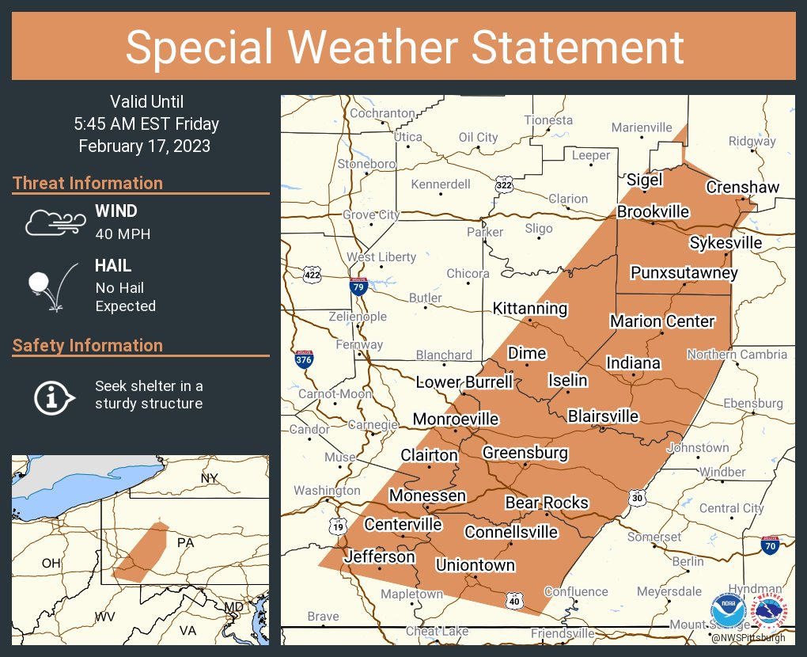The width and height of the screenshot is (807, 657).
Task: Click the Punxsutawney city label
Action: click(684, 273)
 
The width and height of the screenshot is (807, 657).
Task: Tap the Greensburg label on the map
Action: click(525, 453)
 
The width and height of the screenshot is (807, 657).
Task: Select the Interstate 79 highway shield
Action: click(358, 286)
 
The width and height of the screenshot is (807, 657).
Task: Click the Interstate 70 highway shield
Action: click(770, 545)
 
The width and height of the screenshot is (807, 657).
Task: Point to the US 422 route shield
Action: click(312, 275)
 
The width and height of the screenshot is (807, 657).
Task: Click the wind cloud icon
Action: click(54, 222)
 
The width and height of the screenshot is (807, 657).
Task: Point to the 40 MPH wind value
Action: click(123, 234)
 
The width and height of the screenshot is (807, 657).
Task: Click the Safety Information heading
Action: click(88, 345)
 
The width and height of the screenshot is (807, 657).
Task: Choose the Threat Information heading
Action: click(88, 183)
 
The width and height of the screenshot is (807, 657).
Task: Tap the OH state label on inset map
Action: click(51, 563)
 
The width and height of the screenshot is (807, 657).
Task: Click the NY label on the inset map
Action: click(209, 478)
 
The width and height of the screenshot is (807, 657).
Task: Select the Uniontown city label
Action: click(475, 565)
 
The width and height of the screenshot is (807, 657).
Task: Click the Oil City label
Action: click(478, 137)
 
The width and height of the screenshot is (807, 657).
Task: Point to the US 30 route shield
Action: click(638, 497)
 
